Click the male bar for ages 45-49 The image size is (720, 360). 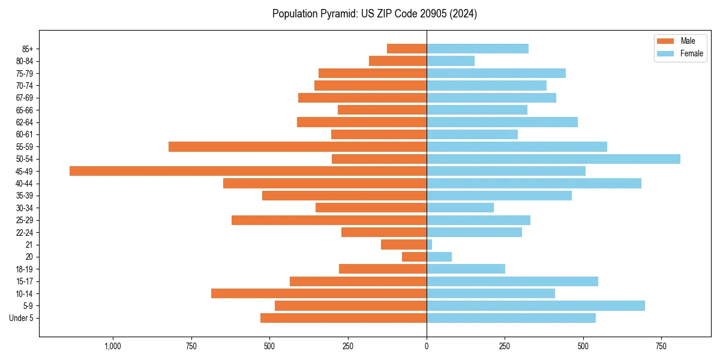248,171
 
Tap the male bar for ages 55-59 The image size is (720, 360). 298,146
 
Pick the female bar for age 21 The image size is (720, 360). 430,245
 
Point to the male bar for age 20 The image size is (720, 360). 414,257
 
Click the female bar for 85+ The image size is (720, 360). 478,49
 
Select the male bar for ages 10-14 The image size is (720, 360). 319,293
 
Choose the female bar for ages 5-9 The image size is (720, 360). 536,306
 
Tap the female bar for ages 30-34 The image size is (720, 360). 460,208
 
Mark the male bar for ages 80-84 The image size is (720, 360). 398,61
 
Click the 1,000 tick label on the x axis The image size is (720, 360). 113,346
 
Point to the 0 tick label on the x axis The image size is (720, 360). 427,346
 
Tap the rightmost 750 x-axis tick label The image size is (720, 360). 661,346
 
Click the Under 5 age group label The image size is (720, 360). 21,318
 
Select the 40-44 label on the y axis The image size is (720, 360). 25,184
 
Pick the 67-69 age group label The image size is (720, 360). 25,98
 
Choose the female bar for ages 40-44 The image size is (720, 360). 534,183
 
